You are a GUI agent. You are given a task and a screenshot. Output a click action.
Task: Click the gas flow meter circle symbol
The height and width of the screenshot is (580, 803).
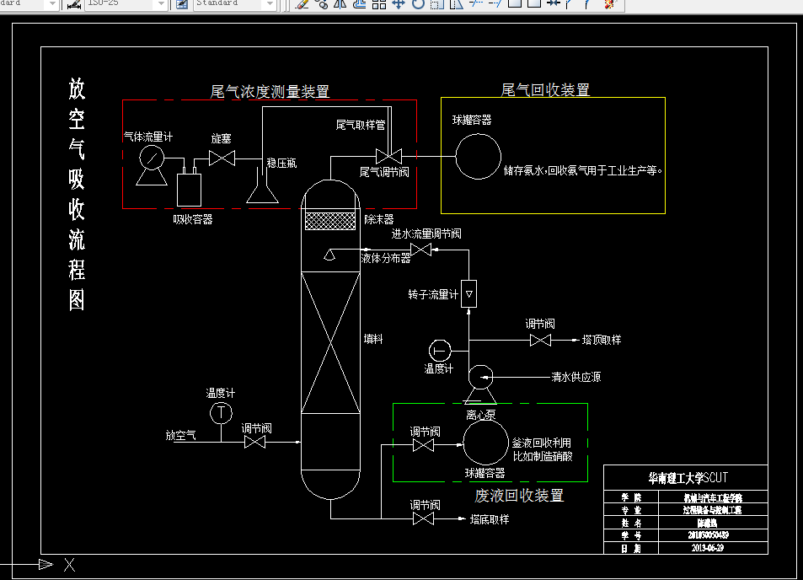[152, 158]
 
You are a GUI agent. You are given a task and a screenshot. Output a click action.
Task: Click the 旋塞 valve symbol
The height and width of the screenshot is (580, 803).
[222, 158]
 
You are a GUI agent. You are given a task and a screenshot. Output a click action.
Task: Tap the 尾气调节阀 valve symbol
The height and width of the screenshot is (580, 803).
[388, 156]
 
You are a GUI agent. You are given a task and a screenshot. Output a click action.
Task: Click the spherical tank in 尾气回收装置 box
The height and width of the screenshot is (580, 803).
[478, 156]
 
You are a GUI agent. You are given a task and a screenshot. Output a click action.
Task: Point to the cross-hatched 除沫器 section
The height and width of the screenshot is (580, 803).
[331, 221]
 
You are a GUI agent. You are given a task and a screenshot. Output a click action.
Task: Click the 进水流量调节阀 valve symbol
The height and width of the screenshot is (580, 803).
[420, 250]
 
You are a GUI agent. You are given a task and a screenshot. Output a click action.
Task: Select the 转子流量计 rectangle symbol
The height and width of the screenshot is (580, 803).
[468, 293]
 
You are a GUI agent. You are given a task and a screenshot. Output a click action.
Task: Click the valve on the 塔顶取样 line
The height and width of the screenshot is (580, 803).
[539, 341]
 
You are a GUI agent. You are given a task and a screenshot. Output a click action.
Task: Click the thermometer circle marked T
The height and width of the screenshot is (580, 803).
[221, 412]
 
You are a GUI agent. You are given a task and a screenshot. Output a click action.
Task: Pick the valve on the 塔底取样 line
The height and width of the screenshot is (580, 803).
[424, 519]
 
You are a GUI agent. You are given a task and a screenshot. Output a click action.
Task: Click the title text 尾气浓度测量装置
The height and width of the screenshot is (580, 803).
[270, 91]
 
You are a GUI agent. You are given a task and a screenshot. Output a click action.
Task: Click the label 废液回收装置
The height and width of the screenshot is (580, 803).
[519, 496]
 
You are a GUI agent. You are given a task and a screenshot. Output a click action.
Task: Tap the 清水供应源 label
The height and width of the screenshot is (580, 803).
[576, 377]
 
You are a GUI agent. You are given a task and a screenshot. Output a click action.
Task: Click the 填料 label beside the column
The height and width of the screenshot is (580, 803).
[373, 339]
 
